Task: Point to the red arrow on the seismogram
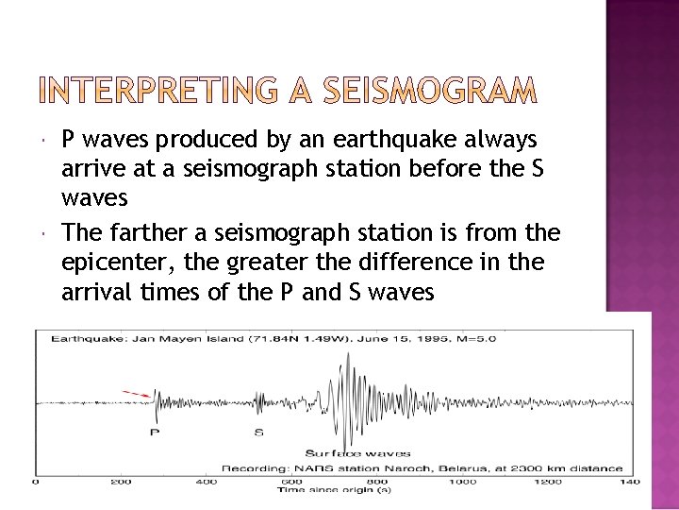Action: [x=138, y=393]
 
